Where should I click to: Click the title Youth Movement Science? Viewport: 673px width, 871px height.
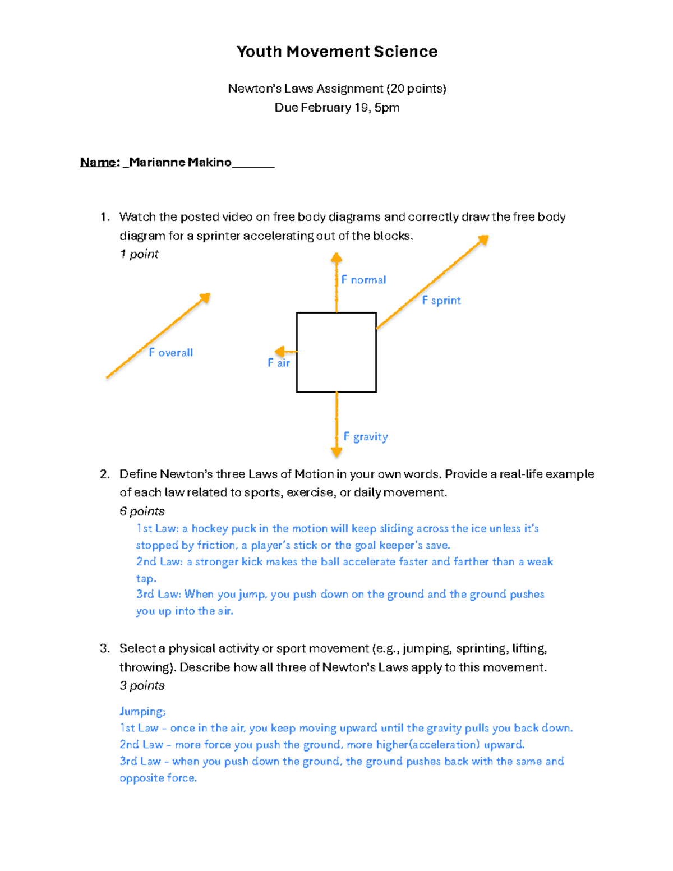[336, 52]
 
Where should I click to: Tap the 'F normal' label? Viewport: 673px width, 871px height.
[363, 280]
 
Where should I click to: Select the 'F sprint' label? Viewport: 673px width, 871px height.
[441, 301]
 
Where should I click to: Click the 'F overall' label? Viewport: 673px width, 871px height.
[170, 353]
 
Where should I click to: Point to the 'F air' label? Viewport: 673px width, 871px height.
[279, 363]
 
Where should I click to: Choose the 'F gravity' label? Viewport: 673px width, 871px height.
[366, 437]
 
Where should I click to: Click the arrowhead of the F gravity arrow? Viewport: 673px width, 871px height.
[336, 451]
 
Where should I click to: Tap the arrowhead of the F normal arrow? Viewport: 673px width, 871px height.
[336, 258]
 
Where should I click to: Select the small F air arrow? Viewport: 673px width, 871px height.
[285, 352]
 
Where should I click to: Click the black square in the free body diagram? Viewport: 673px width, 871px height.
[336, 352]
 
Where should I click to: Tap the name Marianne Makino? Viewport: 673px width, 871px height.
[180, 162]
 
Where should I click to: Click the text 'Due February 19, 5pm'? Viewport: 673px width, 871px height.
[336, 108]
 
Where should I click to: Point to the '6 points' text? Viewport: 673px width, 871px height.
[142, 511]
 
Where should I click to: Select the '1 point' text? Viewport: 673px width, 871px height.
[139, 254]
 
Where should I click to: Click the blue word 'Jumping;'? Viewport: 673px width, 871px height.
[142, 712]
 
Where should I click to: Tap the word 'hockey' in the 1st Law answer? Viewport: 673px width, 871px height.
[209, 529]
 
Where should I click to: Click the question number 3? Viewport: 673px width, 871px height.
[104, 649]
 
